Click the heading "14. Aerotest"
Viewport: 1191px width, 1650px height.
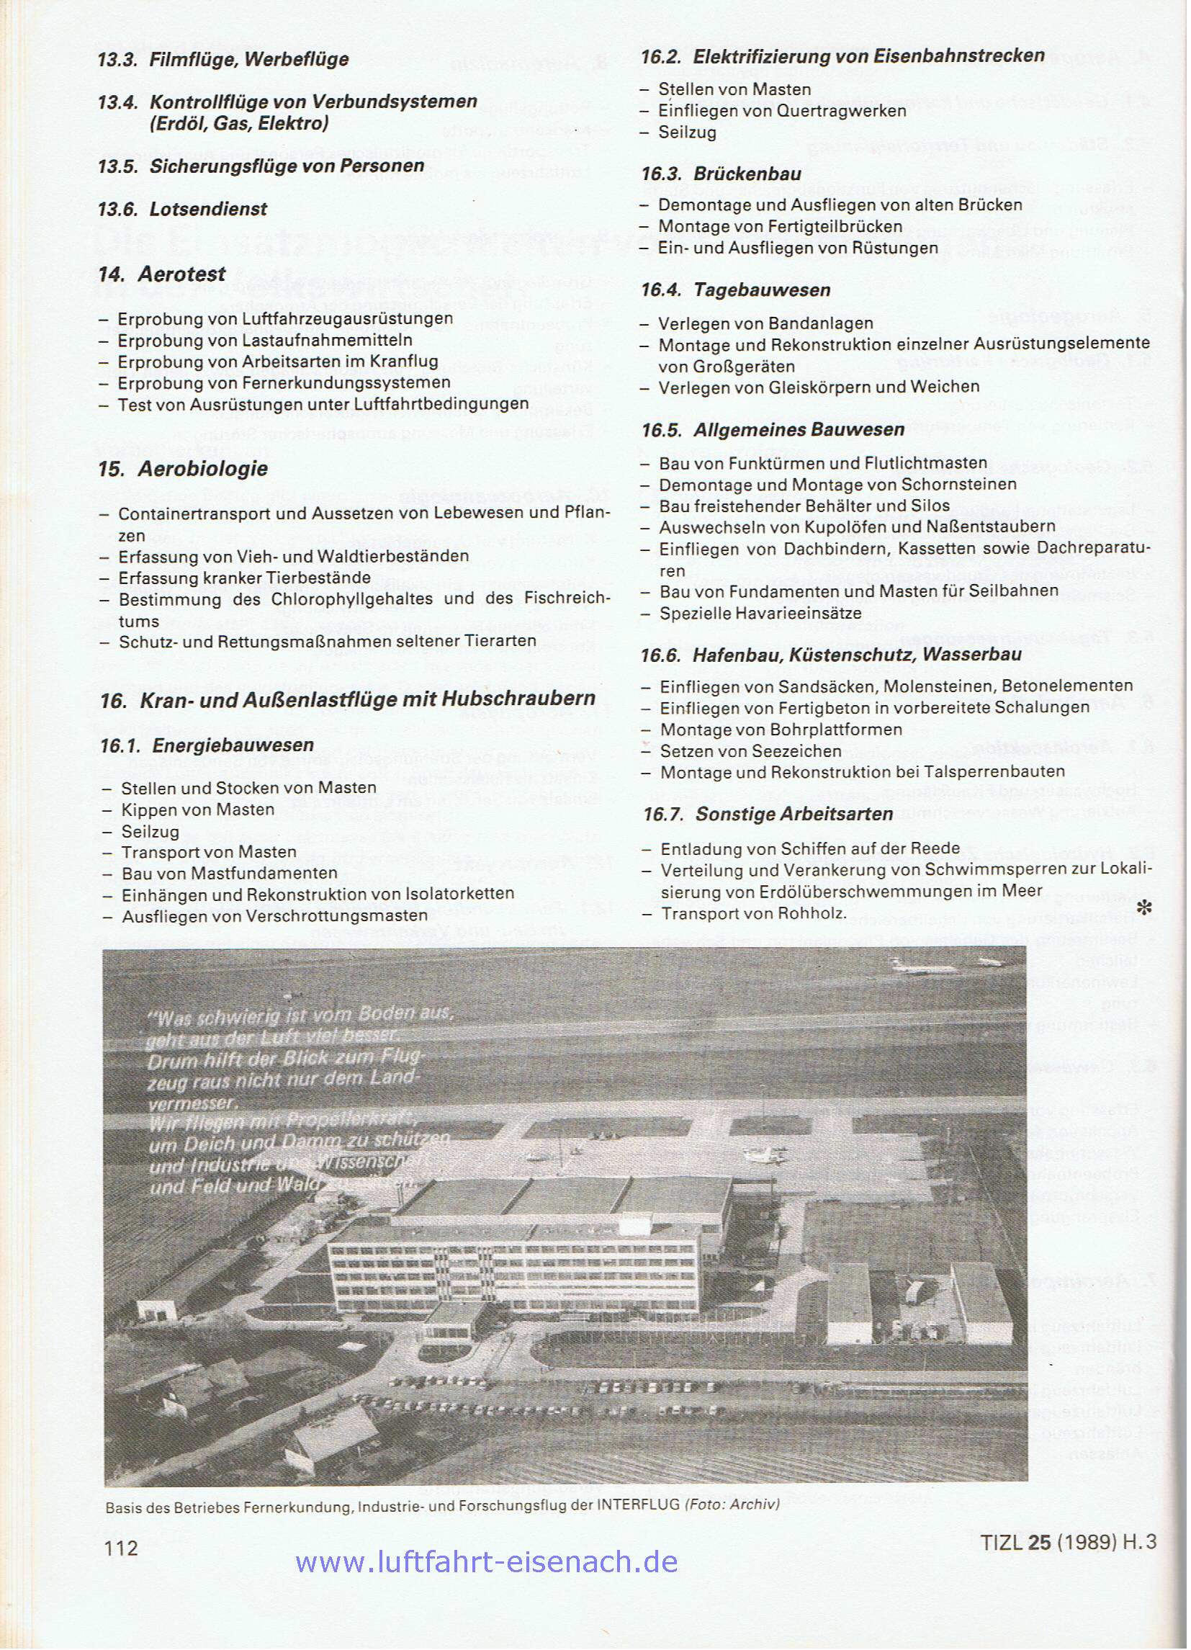click(161, 274)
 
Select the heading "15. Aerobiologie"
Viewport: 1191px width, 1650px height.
click(183, 470)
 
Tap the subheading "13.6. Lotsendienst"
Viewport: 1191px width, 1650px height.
click(183, 210)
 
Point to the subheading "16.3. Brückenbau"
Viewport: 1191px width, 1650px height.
click(721, 174)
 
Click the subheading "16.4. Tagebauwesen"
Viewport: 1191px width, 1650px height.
click(735, 290)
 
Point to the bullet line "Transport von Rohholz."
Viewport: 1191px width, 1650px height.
click(753, 913)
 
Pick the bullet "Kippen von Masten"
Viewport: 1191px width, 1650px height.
click(197, 810)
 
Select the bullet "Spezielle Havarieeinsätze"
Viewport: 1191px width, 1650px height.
click(760, 613)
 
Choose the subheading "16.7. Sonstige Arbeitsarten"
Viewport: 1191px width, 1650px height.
click(768, 814)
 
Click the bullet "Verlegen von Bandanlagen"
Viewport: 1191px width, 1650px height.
click(765, 323)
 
